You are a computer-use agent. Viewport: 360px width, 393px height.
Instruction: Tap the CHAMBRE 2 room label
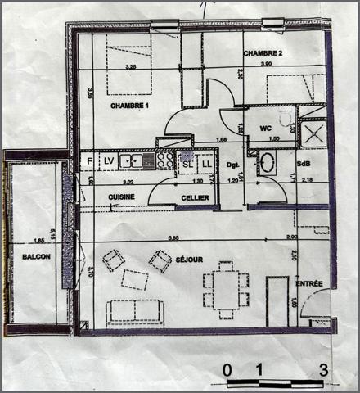tap(263, 53)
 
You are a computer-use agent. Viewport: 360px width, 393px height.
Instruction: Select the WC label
tap(265, 129)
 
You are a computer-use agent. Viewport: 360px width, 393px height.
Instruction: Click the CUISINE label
tap(122, 198)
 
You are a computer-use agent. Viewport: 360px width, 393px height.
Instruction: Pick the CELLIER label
tap(194, 198)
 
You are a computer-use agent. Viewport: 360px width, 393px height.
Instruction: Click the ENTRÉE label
tap(309, 283)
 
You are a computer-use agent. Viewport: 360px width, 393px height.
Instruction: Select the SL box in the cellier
tap(187, 164)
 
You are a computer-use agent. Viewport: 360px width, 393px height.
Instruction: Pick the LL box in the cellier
tap(206, 164)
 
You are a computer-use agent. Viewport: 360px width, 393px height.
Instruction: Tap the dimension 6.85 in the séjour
tap(173, 238)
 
